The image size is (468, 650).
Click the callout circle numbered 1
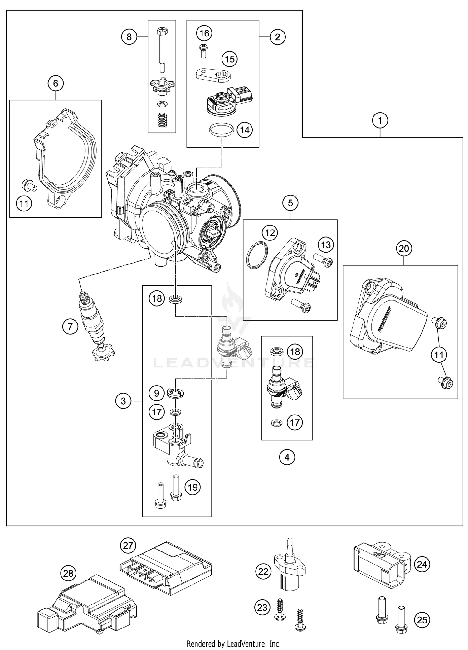[380, 120]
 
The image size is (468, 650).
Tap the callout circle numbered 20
[404, 249]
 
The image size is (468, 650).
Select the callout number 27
[128, 546]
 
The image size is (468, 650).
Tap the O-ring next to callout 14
[221, 129]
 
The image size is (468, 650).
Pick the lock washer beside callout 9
[176, 393]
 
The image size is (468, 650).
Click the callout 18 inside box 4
[295, 352]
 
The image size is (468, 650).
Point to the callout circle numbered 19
[193, 487]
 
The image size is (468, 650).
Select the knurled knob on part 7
[103, 353]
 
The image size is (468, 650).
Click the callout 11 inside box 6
[24, 204]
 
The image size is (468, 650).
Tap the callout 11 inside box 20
[439, 354]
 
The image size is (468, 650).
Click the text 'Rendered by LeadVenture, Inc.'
[234, 643]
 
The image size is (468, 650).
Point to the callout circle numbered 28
[68, 573]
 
